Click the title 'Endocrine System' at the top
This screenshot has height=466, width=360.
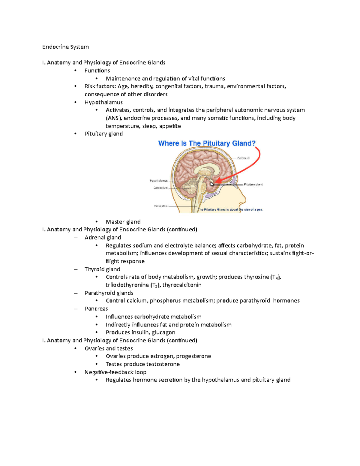(x=65, y=47)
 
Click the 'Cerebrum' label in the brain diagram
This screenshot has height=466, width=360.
(x=243, y=158)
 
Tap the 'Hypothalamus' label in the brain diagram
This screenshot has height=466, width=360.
(x=159, y=181)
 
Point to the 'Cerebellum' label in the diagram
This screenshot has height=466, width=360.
(x=160, y=188)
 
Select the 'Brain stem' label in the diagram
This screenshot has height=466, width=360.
(x=161, y=206)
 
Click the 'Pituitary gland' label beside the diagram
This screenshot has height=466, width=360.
(x=253, y=185)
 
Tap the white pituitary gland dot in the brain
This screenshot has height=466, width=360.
(x=212, y=184)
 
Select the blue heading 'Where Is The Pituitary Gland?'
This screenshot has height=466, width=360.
(x=207, y=143)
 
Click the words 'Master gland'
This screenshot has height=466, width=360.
(x=123, y=222)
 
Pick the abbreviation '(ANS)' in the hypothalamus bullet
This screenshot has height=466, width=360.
(x=114, y=118)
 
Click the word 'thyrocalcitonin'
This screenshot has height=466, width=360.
(x=182, y=285)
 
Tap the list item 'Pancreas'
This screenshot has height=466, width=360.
(x=96, y=309)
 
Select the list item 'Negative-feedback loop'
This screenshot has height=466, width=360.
(x=115, y=372)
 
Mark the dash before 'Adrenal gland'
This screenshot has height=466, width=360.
(x=76, y=238)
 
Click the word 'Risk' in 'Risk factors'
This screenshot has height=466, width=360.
(x=90, y=86)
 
